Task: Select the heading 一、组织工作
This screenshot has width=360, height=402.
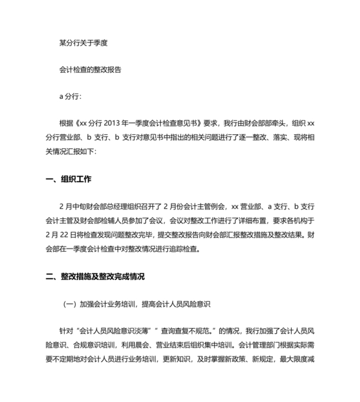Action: (x=69, y=180)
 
